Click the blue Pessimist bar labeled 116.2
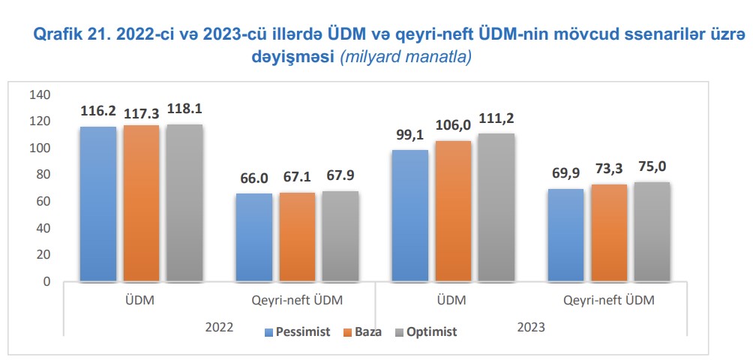coord(98,204)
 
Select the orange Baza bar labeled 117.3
coord(142,203)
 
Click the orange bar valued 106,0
coord(453,211)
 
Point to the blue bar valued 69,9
coord(565,235)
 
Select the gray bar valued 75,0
coord(652,232)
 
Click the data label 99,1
coord(409,136)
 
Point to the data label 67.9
coord(340,177)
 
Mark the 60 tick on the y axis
coord(43,202)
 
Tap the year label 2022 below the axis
coord(218,328)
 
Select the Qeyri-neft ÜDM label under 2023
coord(608,301)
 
